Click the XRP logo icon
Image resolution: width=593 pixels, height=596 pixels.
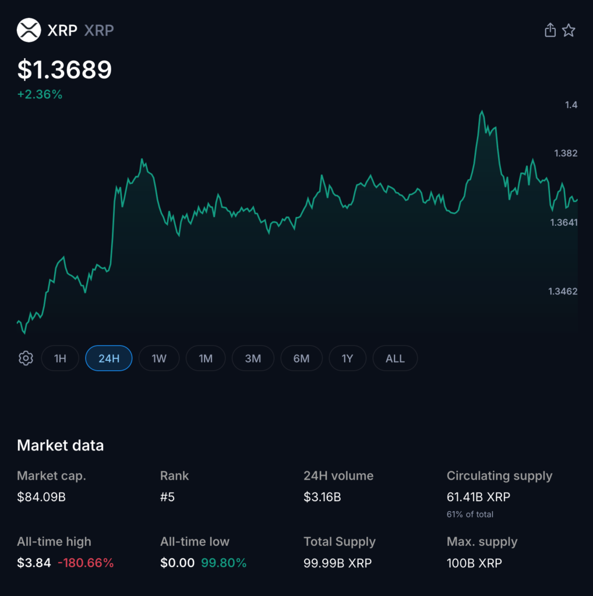(x=29, y=30)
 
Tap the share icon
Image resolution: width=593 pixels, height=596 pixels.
(x=550, y=30)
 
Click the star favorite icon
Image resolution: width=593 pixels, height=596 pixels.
(x=569, y=30)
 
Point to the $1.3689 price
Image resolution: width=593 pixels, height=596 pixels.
(x=65, y=70)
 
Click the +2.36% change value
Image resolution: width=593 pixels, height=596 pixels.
(x=40, y=94)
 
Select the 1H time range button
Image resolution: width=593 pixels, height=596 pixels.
(x=60, y=359)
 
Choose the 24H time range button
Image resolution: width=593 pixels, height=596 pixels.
(x=109, y=359)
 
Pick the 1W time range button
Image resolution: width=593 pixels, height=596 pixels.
(x=159, y=359)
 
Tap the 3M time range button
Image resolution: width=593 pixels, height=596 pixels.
(x=253, y=359)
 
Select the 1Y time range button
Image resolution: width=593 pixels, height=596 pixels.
(x=347, y=359)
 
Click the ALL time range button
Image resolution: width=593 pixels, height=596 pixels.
(x=395, y=359)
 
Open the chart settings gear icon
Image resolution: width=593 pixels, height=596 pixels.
(x=26, y=359)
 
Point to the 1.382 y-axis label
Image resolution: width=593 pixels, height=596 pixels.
(x=566, y=153)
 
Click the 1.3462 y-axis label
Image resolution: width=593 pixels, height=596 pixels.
(x=563, y=291)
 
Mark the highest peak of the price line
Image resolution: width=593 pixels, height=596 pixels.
(x=482, y=111)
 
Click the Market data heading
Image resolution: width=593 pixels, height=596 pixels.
(x=61, y=446)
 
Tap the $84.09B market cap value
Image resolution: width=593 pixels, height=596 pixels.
(x=41, y=498)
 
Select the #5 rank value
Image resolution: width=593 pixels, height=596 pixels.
(x=167, y=498)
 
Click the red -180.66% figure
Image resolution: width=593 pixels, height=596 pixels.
(x=86, y=563)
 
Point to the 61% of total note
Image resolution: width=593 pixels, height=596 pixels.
(x=470, y=515)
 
